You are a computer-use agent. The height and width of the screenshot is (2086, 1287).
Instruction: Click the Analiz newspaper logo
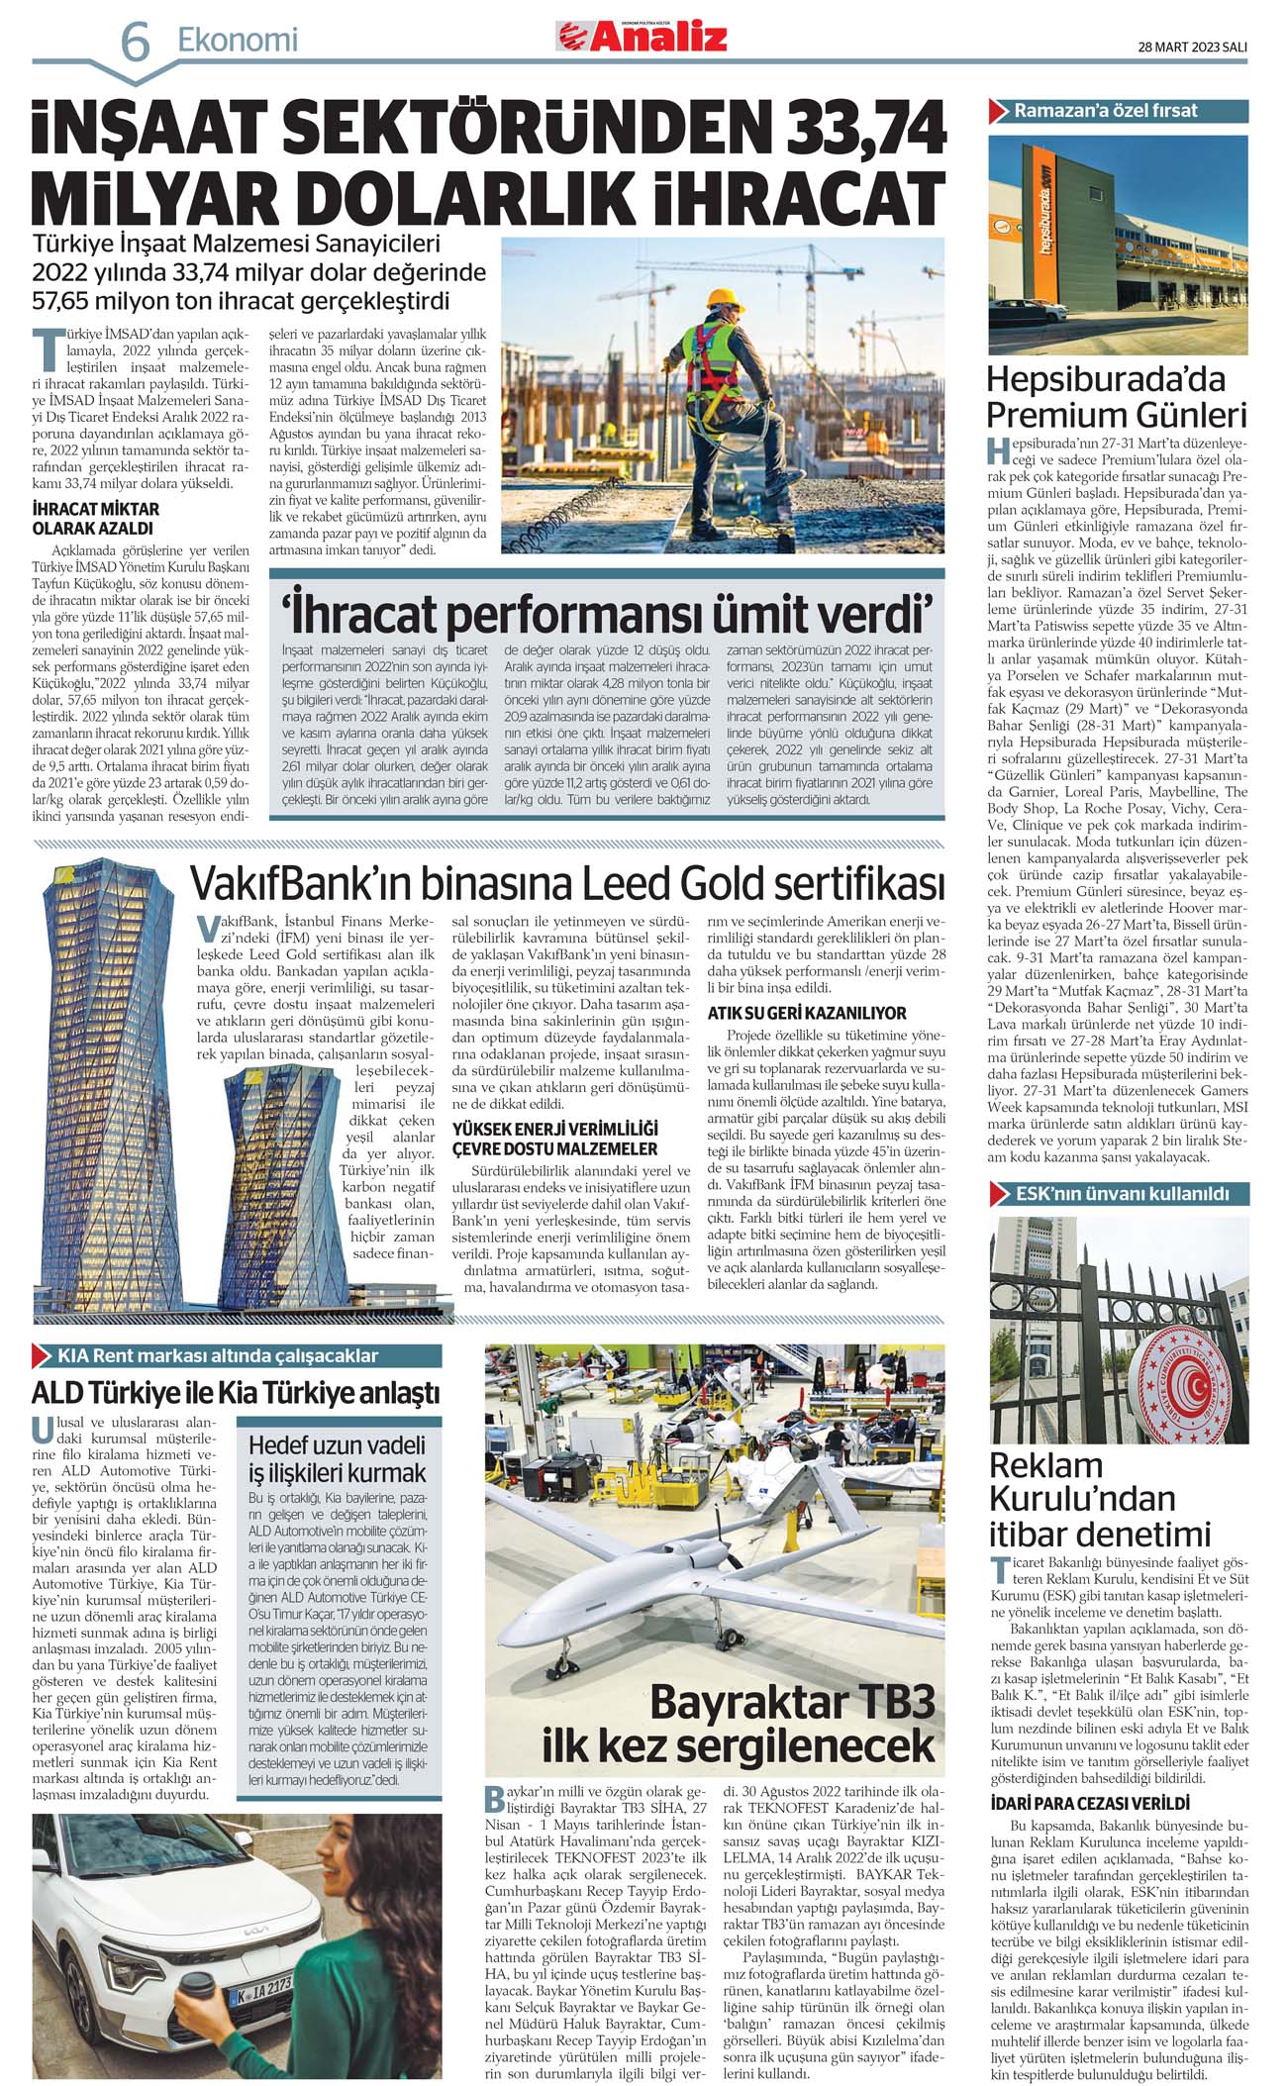pyautogui.click(x=642, y=38)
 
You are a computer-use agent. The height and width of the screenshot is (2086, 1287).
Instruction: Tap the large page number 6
pyautogui.click(x=135, y=43)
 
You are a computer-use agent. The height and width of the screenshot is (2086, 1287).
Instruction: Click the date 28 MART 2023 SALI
pyautogui.click(x=1191, y=47)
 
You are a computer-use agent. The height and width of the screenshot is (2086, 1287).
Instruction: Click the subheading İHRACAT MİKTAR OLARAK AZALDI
pyautogui.click(x=95, y=518)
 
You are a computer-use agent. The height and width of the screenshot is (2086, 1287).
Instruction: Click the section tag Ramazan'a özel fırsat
pyautogui.click(x=1105, y=111)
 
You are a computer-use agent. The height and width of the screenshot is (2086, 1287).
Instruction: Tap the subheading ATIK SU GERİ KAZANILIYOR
pyautogui.click(x=807, y=1013)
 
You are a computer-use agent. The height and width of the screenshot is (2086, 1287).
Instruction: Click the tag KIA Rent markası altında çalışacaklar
pyautogui.click(x=218, y=1355)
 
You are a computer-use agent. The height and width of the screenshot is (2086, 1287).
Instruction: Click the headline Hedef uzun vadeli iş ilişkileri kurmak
pyautogui.click(x=337, y=1458)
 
